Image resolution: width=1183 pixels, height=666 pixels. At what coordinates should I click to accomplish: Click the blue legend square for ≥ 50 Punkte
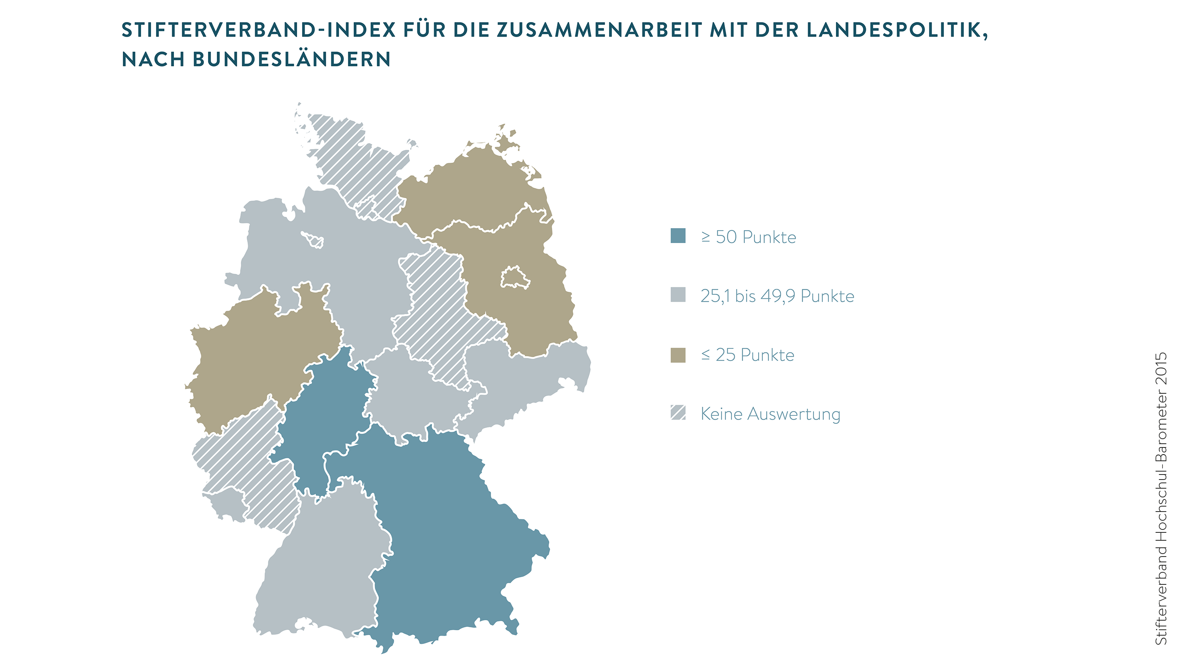pos(678,236)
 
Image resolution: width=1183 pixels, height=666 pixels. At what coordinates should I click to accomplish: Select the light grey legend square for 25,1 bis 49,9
pos(678,294)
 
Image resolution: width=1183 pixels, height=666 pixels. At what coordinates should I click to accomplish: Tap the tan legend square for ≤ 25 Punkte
pos(678,355)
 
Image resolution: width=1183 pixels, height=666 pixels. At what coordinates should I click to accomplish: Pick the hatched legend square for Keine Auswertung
pos(678,413)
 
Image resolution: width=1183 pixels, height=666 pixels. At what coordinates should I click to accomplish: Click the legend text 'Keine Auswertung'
pos(770,414)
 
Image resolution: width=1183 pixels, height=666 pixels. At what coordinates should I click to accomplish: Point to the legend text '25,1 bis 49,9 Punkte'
pos(777,296)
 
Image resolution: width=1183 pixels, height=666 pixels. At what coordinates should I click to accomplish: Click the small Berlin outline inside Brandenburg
pos(514,277)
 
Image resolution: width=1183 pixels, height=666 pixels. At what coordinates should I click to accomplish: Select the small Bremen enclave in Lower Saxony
pos(313,239)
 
